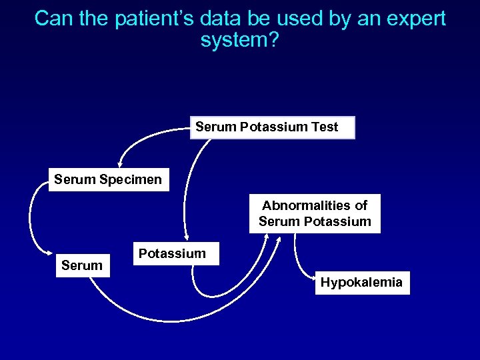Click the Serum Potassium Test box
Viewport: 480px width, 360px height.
tap(273, 127)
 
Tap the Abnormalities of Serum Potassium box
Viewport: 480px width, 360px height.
tap(315, 214)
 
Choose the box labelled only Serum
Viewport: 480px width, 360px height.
tap(82, 265)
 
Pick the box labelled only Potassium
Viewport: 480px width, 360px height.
tap(172, 254)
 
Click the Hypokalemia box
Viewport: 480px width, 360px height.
tap(361, 283)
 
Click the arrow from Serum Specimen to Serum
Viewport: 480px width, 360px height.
tap(31, 220)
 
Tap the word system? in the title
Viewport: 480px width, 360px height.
tap(239, 40)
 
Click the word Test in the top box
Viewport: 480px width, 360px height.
tap(325, 127)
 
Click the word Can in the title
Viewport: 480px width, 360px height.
tap(52, 19)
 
